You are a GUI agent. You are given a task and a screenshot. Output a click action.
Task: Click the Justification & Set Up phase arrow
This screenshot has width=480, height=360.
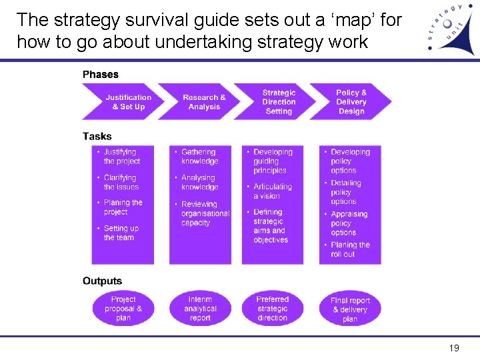point(127,102)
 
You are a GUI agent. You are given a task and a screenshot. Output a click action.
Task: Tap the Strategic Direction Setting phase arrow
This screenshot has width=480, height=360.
point(279,102)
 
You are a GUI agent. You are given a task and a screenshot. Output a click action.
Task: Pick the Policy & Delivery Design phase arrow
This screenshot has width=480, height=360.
point(351,102)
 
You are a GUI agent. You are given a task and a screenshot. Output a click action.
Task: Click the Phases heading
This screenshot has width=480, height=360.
point(101,75)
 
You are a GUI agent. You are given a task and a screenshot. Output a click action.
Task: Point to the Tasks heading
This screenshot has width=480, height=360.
point(97,136)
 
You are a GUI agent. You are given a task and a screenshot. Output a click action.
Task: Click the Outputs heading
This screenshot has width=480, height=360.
point(103,281)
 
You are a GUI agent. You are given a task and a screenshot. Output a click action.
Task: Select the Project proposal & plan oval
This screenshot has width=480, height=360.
point(123,309)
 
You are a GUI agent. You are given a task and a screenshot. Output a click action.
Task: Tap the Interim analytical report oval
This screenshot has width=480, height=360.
point(200,309)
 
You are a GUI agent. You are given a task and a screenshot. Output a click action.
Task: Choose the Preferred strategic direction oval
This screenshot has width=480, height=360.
point(272,309)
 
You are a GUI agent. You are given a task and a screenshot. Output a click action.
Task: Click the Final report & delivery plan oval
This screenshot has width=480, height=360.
point(350,309)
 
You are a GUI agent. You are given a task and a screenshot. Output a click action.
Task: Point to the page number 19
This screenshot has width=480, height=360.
point(454,348)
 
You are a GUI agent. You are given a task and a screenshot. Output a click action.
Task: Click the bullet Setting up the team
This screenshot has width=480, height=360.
point(121,233)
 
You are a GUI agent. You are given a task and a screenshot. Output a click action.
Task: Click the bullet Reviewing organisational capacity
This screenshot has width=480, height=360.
point(204,213)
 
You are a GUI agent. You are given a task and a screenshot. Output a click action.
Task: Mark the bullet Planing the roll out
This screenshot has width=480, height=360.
point(349,249)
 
